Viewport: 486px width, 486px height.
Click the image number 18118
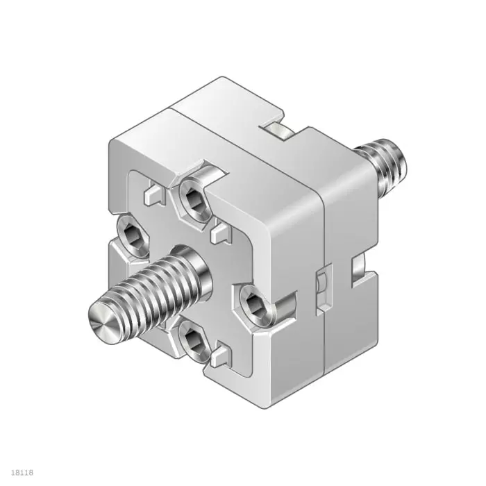(22, 473)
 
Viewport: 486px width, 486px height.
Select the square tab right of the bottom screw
(221, 356)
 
